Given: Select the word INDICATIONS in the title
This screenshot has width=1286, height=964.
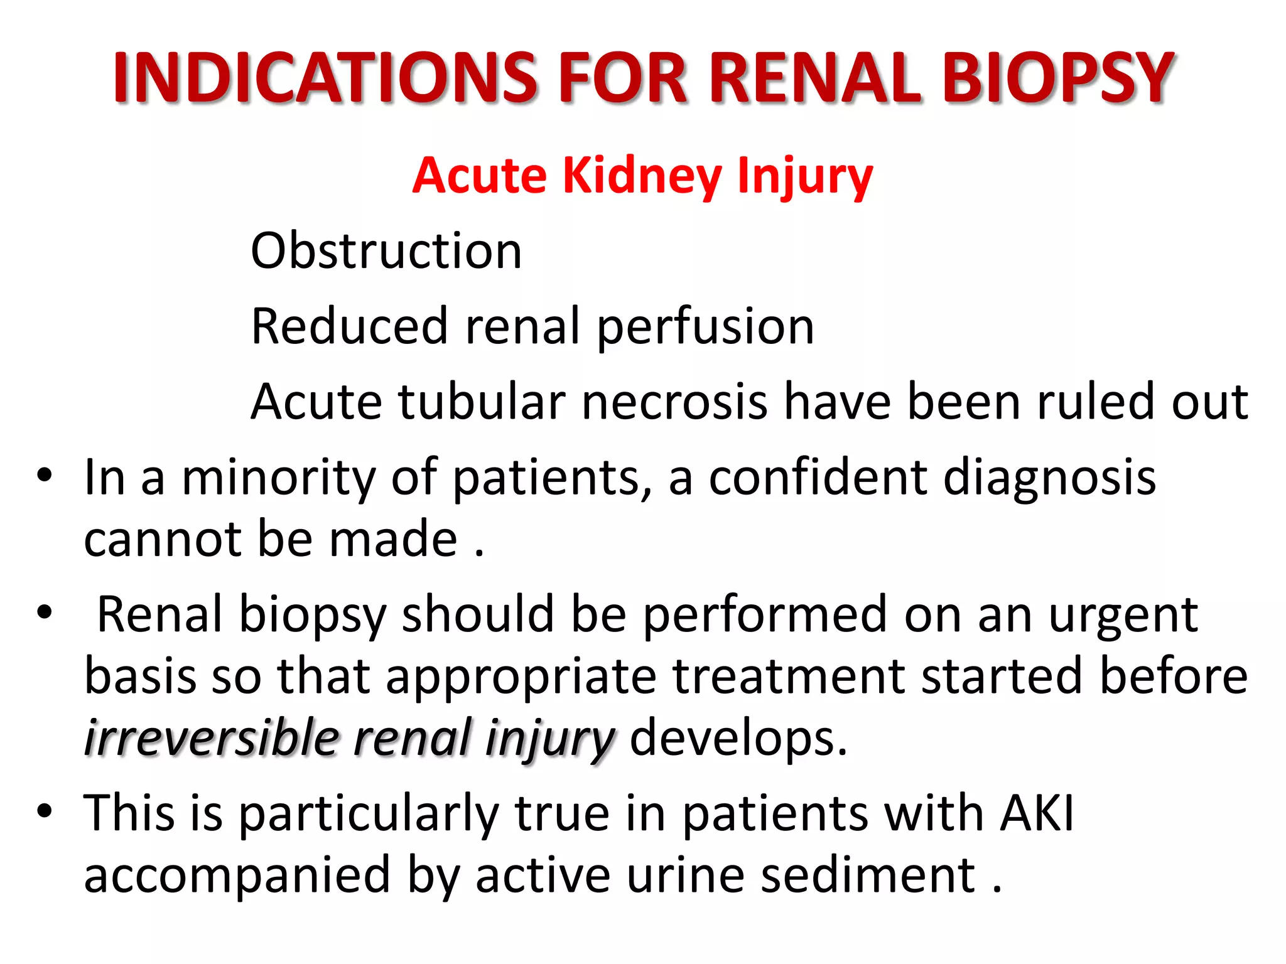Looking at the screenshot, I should pos(325,78).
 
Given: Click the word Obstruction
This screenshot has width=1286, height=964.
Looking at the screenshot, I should pos(386,251).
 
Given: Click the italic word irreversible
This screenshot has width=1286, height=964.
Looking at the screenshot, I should pos(212,738).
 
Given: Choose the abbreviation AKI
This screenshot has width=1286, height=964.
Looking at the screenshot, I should pos(1037,813).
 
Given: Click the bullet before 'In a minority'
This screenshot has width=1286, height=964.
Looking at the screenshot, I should pos(44,474).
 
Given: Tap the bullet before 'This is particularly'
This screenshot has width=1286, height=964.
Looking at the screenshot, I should pos(44,811).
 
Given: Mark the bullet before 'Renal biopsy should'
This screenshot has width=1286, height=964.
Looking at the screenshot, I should pos(44,611).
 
